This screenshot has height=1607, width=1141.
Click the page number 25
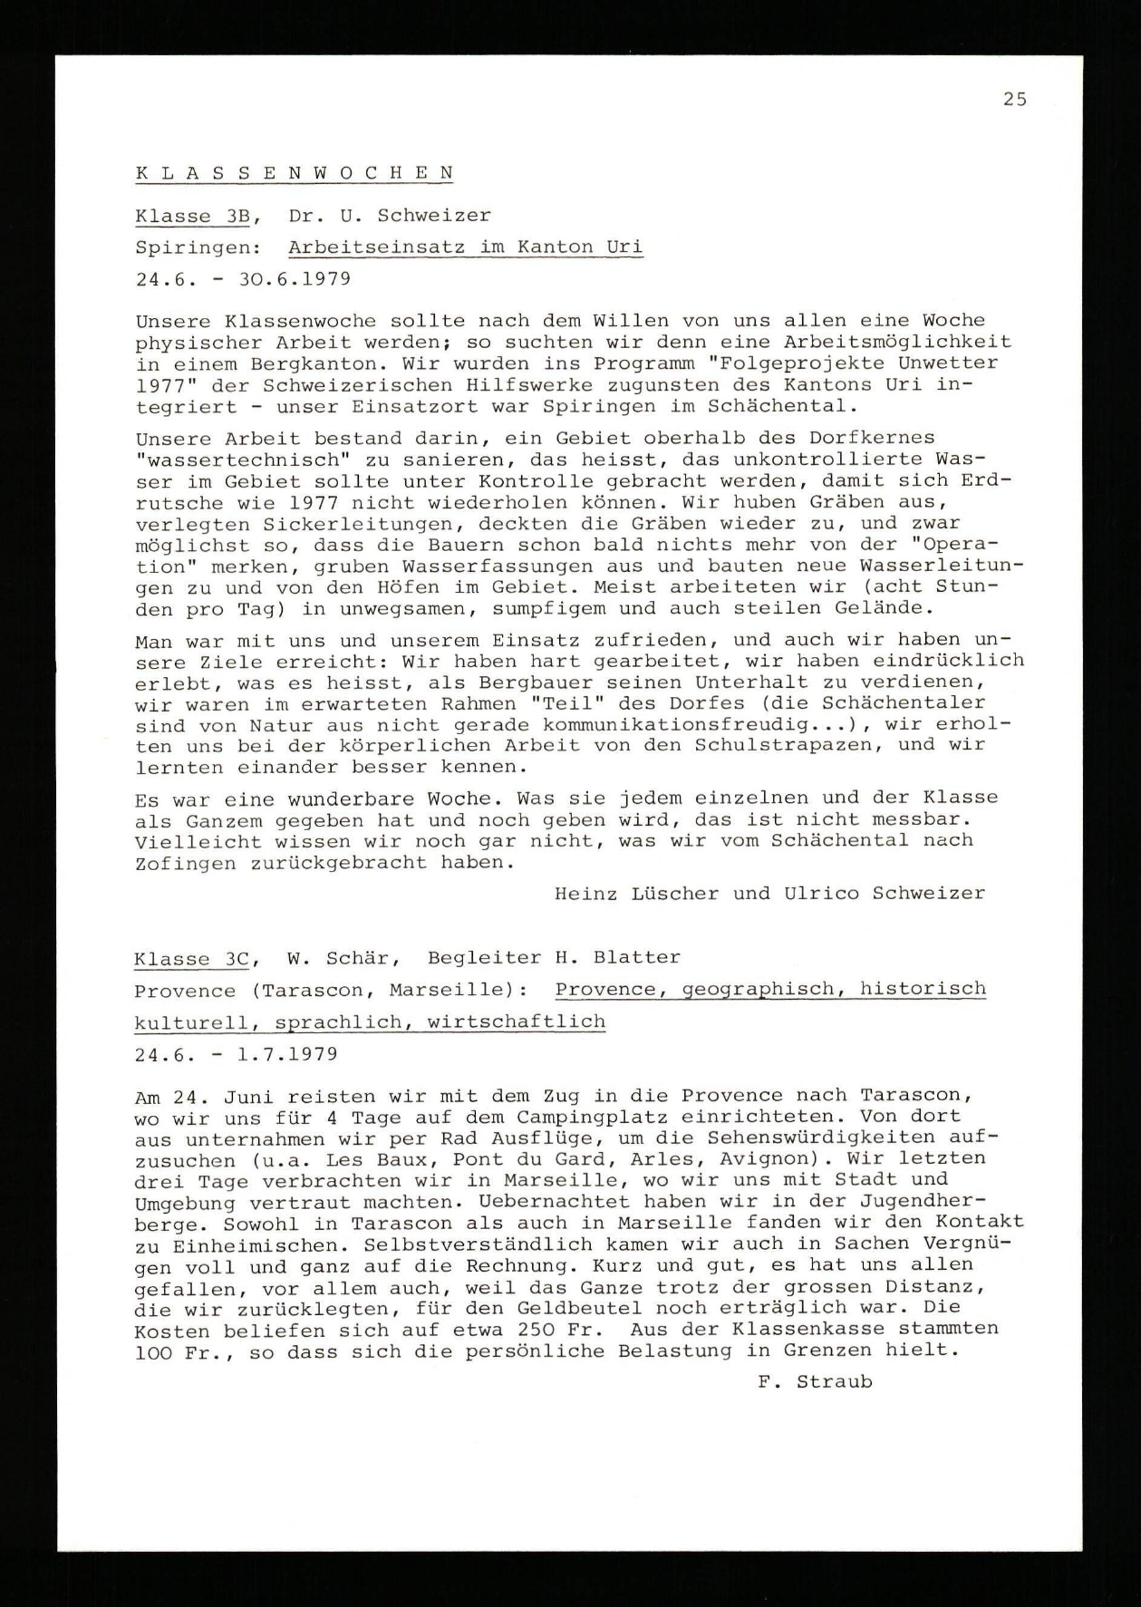coord(1014,100)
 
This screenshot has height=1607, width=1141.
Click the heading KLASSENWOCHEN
coord(294,173)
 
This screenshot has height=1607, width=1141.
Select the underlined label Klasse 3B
coord(192,216)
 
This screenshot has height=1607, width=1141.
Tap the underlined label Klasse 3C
coord(191,959)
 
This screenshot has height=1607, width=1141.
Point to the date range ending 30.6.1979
coord(242,279)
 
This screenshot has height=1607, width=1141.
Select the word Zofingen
coord(185,863)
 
